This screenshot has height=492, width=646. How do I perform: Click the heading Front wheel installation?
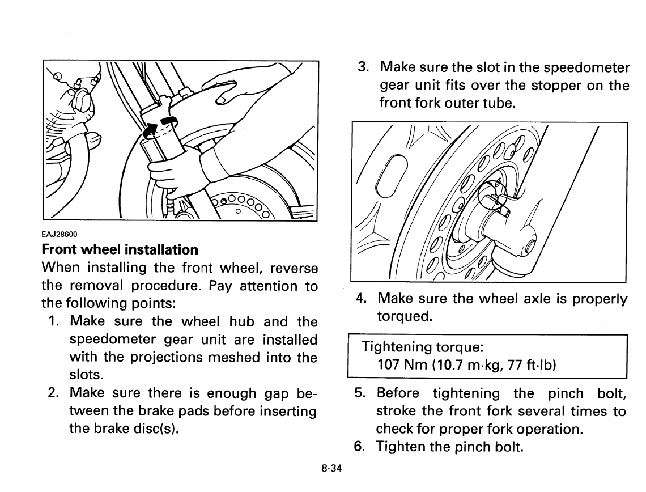click(x=120, y=249)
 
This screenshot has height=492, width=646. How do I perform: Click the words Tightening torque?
click(x=422, y=346)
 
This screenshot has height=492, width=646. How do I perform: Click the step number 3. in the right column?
click(x=364, y=67)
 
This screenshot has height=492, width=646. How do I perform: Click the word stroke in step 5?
click(x=397, y=412)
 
